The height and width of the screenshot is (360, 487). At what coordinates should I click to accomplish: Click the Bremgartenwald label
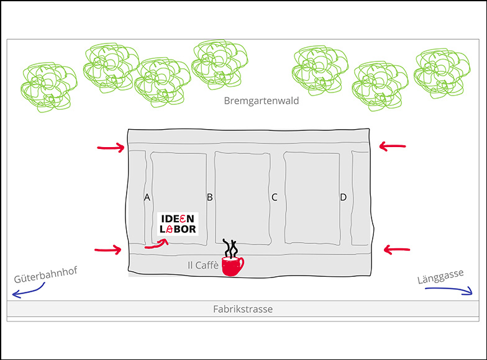click(x=262, y=101)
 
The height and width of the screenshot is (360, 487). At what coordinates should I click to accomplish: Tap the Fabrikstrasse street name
click(x=243, y=308)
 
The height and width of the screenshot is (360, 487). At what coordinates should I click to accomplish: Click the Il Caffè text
click(x=203, y=265)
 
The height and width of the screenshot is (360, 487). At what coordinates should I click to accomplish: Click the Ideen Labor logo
click(x=178, y=224)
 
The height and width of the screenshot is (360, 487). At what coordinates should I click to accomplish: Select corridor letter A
click(x=147, y=197)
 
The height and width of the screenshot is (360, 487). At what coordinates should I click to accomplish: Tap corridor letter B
click(x=210, y=197)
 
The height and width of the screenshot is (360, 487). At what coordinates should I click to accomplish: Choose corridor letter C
click(x=274, y=197)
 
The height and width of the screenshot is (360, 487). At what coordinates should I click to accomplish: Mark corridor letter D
click(x=343, y=197)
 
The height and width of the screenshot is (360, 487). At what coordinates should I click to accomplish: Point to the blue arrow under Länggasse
click(x=444, y=290)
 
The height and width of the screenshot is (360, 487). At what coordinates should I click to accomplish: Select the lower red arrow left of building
click(x=108, y=250)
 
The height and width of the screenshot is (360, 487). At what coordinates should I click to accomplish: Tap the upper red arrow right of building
click(x=392, y=146)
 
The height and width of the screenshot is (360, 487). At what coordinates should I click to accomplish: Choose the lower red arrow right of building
click(x=397, y=250)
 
